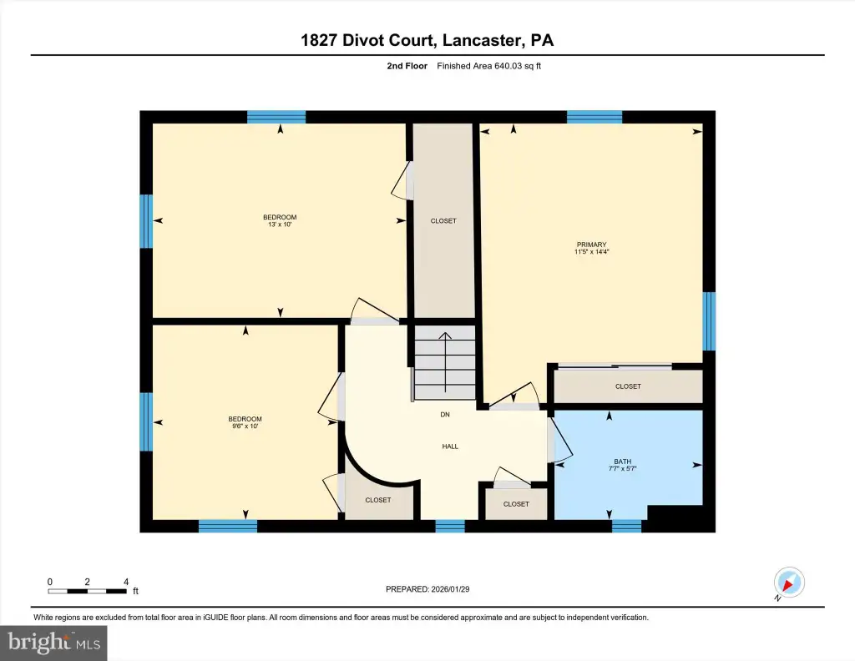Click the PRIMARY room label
pos(592,245)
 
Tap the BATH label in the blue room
pos(623,462)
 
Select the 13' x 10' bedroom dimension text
pos(280,225)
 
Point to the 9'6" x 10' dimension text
pos(245,426)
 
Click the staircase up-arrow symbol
pos(446,362)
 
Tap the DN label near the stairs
pos(445,415)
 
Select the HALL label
pos(450,447)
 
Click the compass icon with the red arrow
pos(789,583)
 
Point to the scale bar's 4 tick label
pos(126,582)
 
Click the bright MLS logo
pos(53,643)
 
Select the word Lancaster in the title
pos(480,40)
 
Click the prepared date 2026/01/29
pos(450,589)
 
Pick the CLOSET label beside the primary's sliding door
pos(628,386)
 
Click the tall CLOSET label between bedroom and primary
pos(443,220)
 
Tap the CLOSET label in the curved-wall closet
pos(378,500)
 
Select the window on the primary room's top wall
pos(594,117)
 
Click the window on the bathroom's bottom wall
pos(626,526)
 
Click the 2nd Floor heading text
pos(407,66)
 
